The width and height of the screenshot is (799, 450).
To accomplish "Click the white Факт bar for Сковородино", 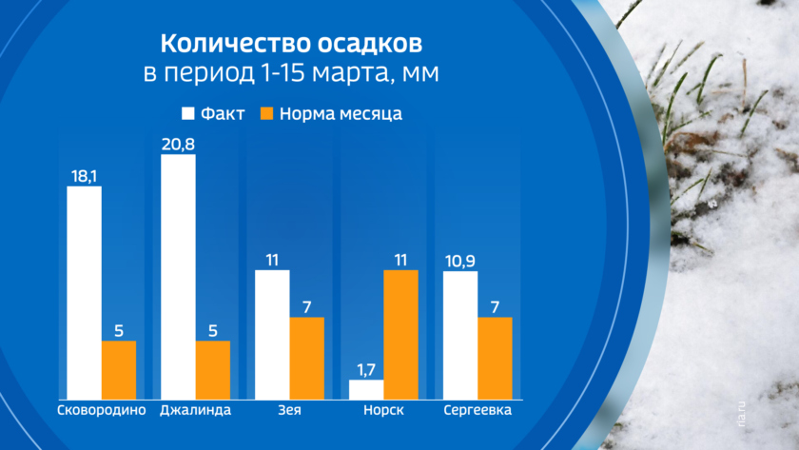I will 84,292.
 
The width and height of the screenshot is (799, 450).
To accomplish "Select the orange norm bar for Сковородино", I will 119,369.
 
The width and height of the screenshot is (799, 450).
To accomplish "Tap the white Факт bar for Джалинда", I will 178,276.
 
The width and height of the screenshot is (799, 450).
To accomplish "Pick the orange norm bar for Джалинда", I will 213,369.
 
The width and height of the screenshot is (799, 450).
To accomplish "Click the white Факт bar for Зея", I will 272,334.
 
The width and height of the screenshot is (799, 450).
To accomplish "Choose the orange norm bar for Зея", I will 307,358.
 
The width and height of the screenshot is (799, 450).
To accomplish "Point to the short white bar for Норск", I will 366,389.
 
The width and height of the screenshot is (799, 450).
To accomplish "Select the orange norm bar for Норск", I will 400,334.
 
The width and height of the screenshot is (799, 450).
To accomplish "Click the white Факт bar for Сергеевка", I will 460,334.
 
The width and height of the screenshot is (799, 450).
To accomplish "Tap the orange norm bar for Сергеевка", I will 495,358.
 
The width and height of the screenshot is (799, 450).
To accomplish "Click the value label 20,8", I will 178,143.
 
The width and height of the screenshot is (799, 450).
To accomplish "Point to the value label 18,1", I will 84,175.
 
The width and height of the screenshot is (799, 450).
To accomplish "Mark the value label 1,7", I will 366,369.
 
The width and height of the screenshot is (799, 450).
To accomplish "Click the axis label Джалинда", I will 195,411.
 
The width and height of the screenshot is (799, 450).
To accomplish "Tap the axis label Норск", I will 383,411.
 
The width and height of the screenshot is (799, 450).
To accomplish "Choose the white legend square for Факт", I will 188,114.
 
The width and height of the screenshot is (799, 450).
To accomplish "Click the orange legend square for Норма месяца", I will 267,114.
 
